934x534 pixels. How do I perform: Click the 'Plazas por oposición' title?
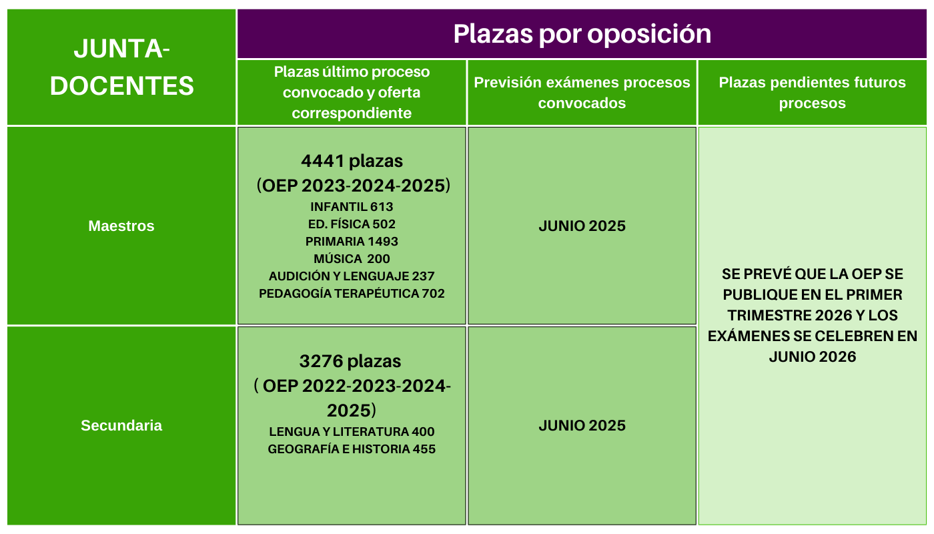point(582,34)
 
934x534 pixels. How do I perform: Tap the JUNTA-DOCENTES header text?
point(121,67)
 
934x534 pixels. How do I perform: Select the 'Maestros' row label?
point(121,226)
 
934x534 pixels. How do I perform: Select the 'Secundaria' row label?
point(121,426)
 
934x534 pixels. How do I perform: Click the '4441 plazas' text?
point(352,161)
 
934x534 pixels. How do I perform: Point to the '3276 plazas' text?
point(350,361)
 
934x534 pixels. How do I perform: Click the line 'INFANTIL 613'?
point(352,206)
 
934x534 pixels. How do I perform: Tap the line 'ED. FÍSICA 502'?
point(352,224)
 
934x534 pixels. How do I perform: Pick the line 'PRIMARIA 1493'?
point(352,241)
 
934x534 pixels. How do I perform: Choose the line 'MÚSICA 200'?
point(352,259)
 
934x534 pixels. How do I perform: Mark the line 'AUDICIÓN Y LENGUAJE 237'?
point(352,276)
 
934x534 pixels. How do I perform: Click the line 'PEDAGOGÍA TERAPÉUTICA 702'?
point(352,294)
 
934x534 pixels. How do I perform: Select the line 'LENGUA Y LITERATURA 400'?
point(352,431)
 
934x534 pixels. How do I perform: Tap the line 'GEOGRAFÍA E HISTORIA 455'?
point(352,449)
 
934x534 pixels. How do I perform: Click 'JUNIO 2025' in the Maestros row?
point(582,226)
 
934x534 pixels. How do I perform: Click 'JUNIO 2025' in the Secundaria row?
point(582,426)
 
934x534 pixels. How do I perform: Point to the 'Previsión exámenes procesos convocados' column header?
point(582,93)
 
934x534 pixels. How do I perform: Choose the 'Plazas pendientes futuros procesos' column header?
point(813,93)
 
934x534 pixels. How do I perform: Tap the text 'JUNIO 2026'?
point(813,357)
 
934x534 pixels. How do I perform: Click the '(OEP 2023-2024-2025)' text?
point(354,186)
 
